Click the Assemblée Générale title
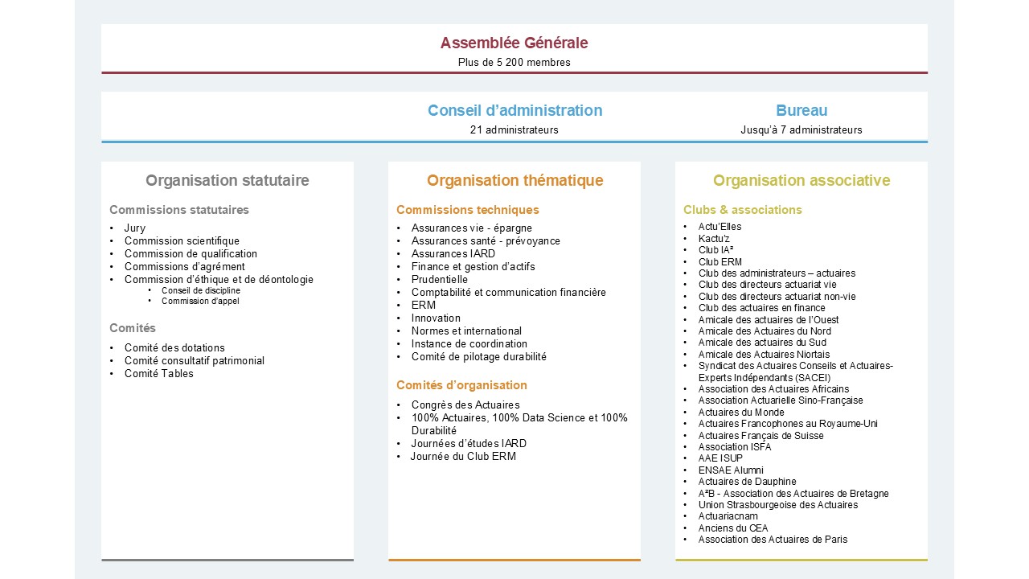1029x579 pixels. (514, 43)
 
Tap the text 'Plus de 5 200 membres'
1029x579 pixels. (514, 62)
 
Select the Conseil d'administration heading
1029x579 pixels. (514, 111)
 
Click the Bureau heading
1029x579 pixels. (801, 111)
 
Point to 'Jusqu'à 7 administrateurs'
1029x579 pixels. (801, 129)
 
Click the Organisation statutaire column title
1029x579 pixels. (228, 181)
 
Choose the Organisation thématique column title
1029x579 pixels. (514, 181)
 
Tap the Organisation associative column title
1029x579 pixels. (801, 181)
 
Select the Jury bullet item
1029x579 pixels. (135, 228)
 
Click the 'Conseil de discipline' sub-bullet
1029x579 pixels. (201, 291)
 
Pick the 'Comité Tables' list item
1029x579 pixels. (159, 373)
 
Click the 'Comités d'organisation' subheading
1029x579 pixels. (461, 385)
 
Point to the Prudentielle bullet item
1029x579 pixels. (440, 279)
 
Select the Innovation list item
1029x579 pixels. (436, 318)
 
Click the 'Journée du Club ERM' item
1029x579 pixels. (463, 456)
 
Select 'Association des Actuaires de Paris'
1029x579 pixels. (773, 540)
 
